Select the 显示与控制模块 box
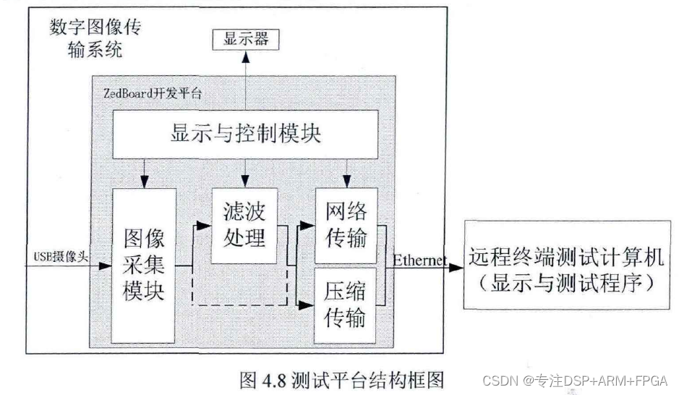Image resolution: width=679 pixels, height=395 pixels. [x=245, y=135]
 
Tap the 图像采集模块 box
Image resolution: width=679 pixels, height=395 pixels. [x=144, y=265]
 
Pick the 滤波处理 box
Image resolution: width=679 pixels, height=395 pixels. [x=245, y=225]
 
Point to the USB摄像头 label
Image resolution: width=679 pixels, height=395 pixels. [x=61, y=258]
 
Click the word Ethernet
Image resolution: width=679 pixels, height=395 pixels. [x=419, y=259]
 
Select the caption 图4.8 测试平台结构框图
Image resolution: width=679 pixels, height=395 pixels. [x=341, y=378]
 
